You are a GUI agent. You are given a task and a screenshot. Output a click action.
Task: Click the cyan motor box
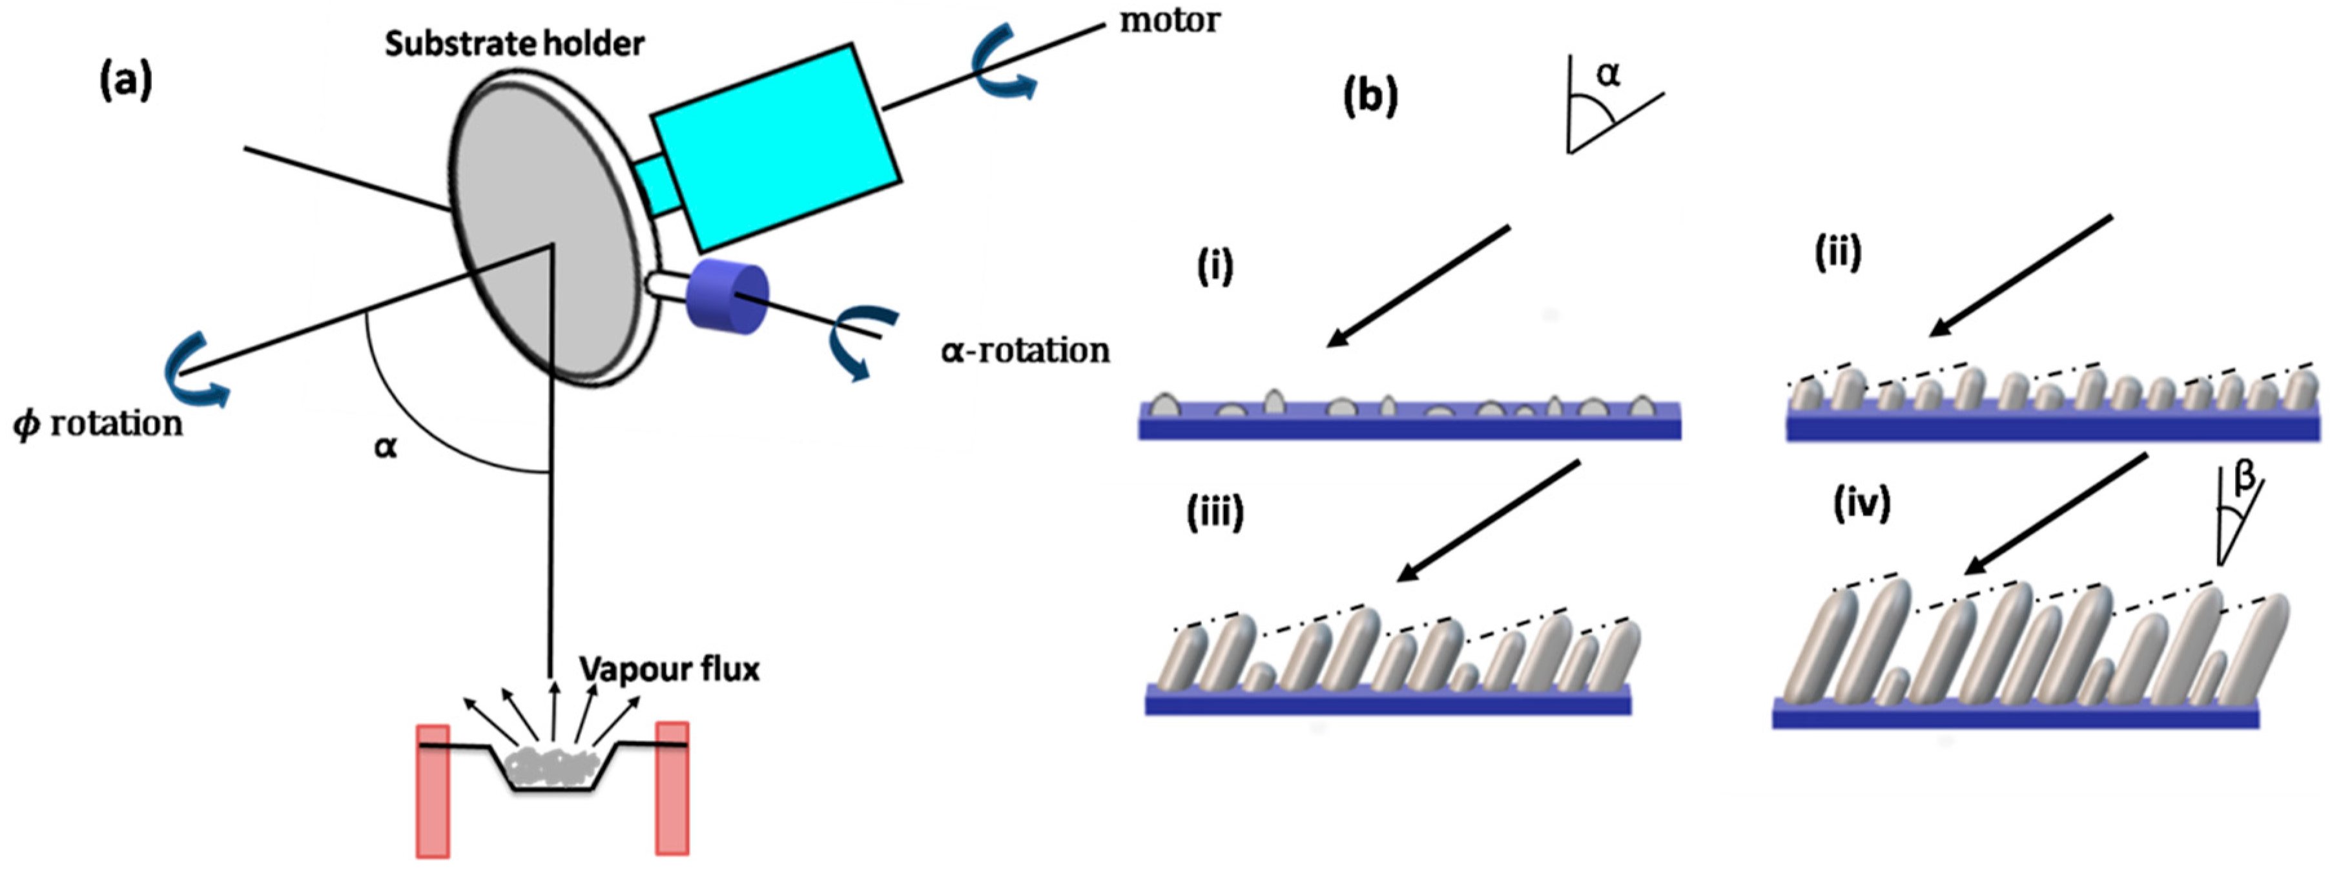(775, 145)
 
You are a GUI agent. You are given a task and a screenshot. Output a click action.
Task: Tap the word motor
(1170, 20)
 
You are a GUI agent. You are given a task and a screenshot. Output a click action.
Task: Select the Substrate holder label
(514, 43)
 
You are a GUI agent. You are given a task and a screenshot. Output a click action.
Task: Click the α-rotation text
(1025, 350)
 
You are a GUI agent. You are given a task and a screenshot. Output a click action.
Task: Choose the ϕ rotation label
(98, 423)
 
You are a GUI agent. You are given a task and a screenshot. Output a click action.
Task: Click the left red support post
(433, 789)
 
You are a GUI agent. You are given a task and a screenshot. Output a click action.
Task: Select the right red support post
(673, 787)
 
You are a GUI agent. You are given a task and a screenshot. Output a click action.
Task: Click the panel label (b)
(1370, 96)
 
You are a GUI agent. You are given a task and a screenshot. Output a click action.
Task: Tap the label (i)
(1214, 267)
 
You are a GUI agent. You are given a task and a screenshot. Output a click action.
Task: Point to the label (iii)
(1215, 512)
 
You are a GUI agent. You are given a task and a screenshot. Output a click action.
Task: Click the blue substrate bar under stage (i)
(1408, 425)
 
